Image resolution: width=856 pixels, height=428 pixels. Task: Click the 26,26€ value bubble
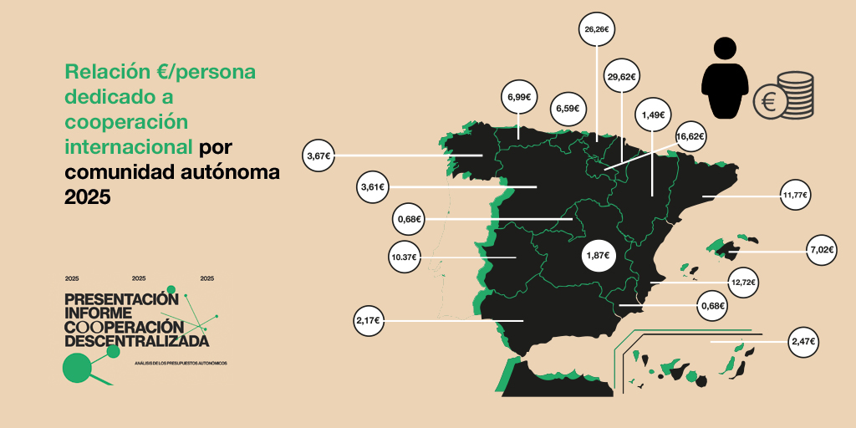pyautogui.click(x=596, y=29)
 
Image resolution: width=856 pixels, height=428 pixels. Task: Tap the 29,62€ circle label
pyautogui.click(x=621, y=77)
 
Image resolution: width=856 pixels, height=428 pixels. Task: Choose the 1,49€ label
pyautogui.click(x=653, y=115)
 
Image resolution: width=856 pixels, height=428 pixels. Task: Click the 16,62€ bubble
pyautogui.click(x=690, y=136)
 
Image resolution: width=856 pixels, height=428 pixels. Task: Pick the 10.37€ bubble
pyautogui.click(x=405, y=257)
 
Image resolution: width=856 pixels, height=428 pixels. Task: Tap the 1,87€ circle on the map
pyautogui.click(x=597, y=255)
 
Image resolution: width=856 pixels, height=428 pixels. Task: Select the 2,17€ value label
pyautogui.click(x=368, y=320)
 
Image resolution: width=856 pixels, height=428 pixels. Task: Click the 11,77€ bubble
pyautogui.click(x=795, y=196)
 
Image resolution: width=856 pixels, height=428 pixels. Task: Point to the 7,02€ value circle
pyautogui.click(x=823, y=249)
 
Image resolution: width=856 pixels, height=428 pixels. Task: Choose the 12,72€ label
pyautogui.click(x=742, y=283)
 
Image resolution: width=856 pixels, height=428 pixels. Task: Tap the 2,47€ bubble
pyautogui.click(x=802, y=342)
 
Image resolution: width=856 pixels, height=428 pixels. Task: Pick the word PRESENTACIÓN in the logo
pyautogui.click(x=121, y=299)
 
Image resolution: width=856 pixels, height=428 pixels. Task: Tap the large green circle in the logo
pyautogui.click(x=77, y=367)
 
